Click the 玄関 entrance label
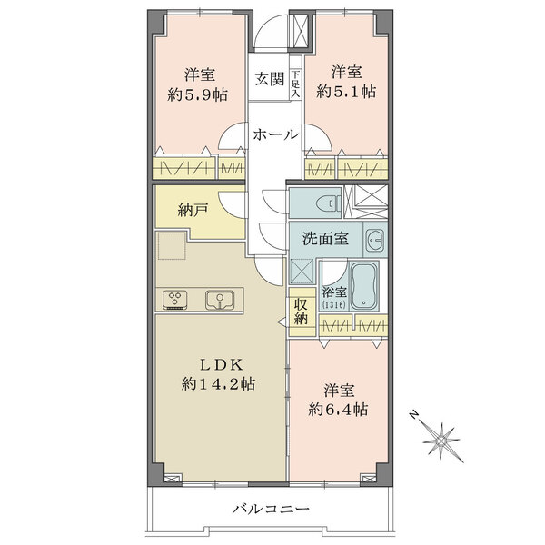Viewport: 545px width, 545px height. pos(270,80)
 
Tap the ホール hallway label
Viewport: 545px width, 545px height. pos(275,134)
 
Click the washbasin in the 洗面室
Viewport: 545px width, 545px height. pos(375,240)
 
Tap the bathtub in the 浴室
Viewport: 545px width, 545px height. pos(363,286)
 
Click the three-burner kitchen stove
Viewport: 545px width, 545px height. pos(174,300)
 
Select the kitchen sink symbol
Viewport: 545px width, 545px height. pos(219,300)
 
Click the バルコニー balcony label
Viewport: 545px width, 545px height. pos(271,510)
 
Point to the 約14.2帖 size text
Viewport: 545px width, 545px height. pos(218,384)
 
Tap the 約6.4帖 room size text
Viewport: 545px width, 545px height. pos(338,410)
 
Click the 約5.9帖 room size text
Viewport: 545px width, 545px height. pos(197,94)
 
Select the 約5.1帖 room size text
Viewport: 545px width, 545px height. pos(346,92)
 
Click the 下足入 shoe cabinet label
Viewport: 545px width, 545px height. pos(295,84)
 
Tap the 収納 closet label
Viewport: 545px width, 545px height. pos(301,312)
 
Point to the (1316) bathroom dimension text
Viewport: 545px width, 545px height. pos(334,305)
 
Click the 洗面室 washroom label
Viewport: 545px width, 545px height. pos(325,239)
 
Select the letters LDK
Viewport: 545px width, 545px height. pos(221,364)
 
